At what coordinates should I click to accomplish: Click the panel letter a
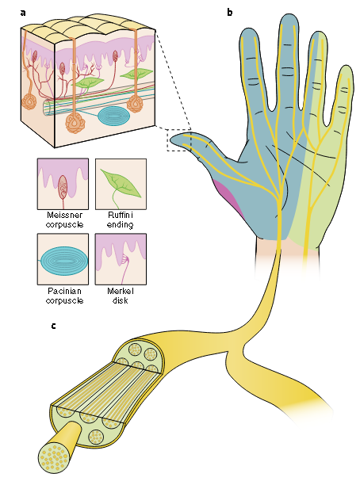point(23,13)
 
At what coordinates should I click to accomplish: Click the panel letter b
point(230,13)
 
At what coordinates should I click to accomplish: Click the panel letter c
point(54,326)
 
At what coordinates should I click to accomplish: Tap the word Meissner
point(65,215)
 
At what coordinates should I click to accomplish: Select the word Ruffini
point(121,215)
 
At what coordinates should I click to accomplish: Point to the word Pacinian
point(64,291)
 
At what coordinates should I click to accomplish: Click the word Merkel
point(121,291)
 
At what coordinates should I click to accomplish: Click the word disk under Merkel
point(121,300)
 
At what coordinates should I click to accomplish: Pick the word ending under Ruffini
point(120,224)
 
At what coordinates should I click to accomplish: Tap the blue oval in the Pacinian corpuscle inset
point(63,260)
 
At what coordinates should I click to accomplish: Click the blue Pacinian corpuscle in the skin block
point(113,116)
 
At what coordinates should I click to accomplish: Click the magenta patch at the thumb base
point(229,197)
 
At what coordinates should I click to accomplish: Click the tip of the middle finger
point(289,15)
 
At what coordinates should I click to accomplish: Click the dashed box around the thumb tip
point(168,140)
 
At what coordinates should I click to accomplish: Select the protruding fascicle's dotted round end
point(54,456)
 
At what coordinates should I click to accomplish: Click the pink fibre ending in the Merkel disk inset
point(123,269)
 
